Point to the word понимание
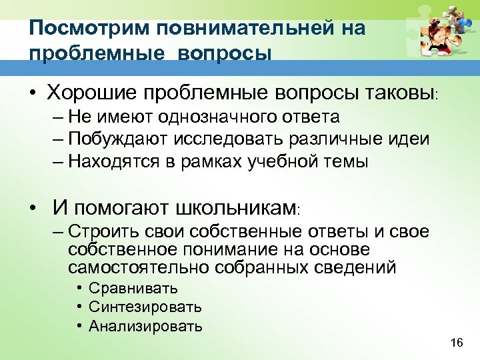226,249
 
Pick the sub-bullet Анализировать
145,326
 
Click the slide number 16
457,343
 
